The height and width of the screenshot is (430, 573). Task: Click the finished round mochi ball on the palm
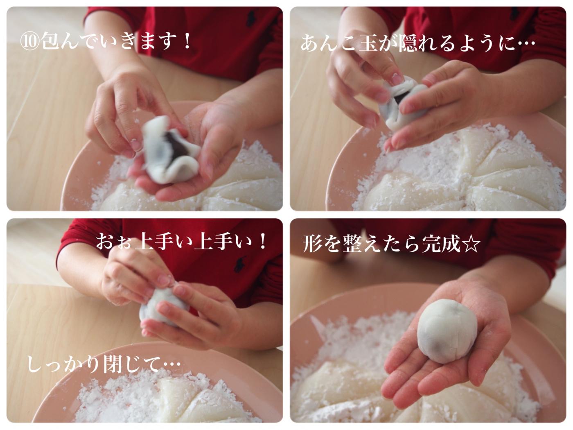(447, 331)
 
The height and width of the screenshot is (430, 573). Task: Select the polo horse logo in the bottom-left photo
(240, 264)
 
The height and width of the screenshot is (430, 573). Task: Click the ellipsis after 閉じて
(171, 364)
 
